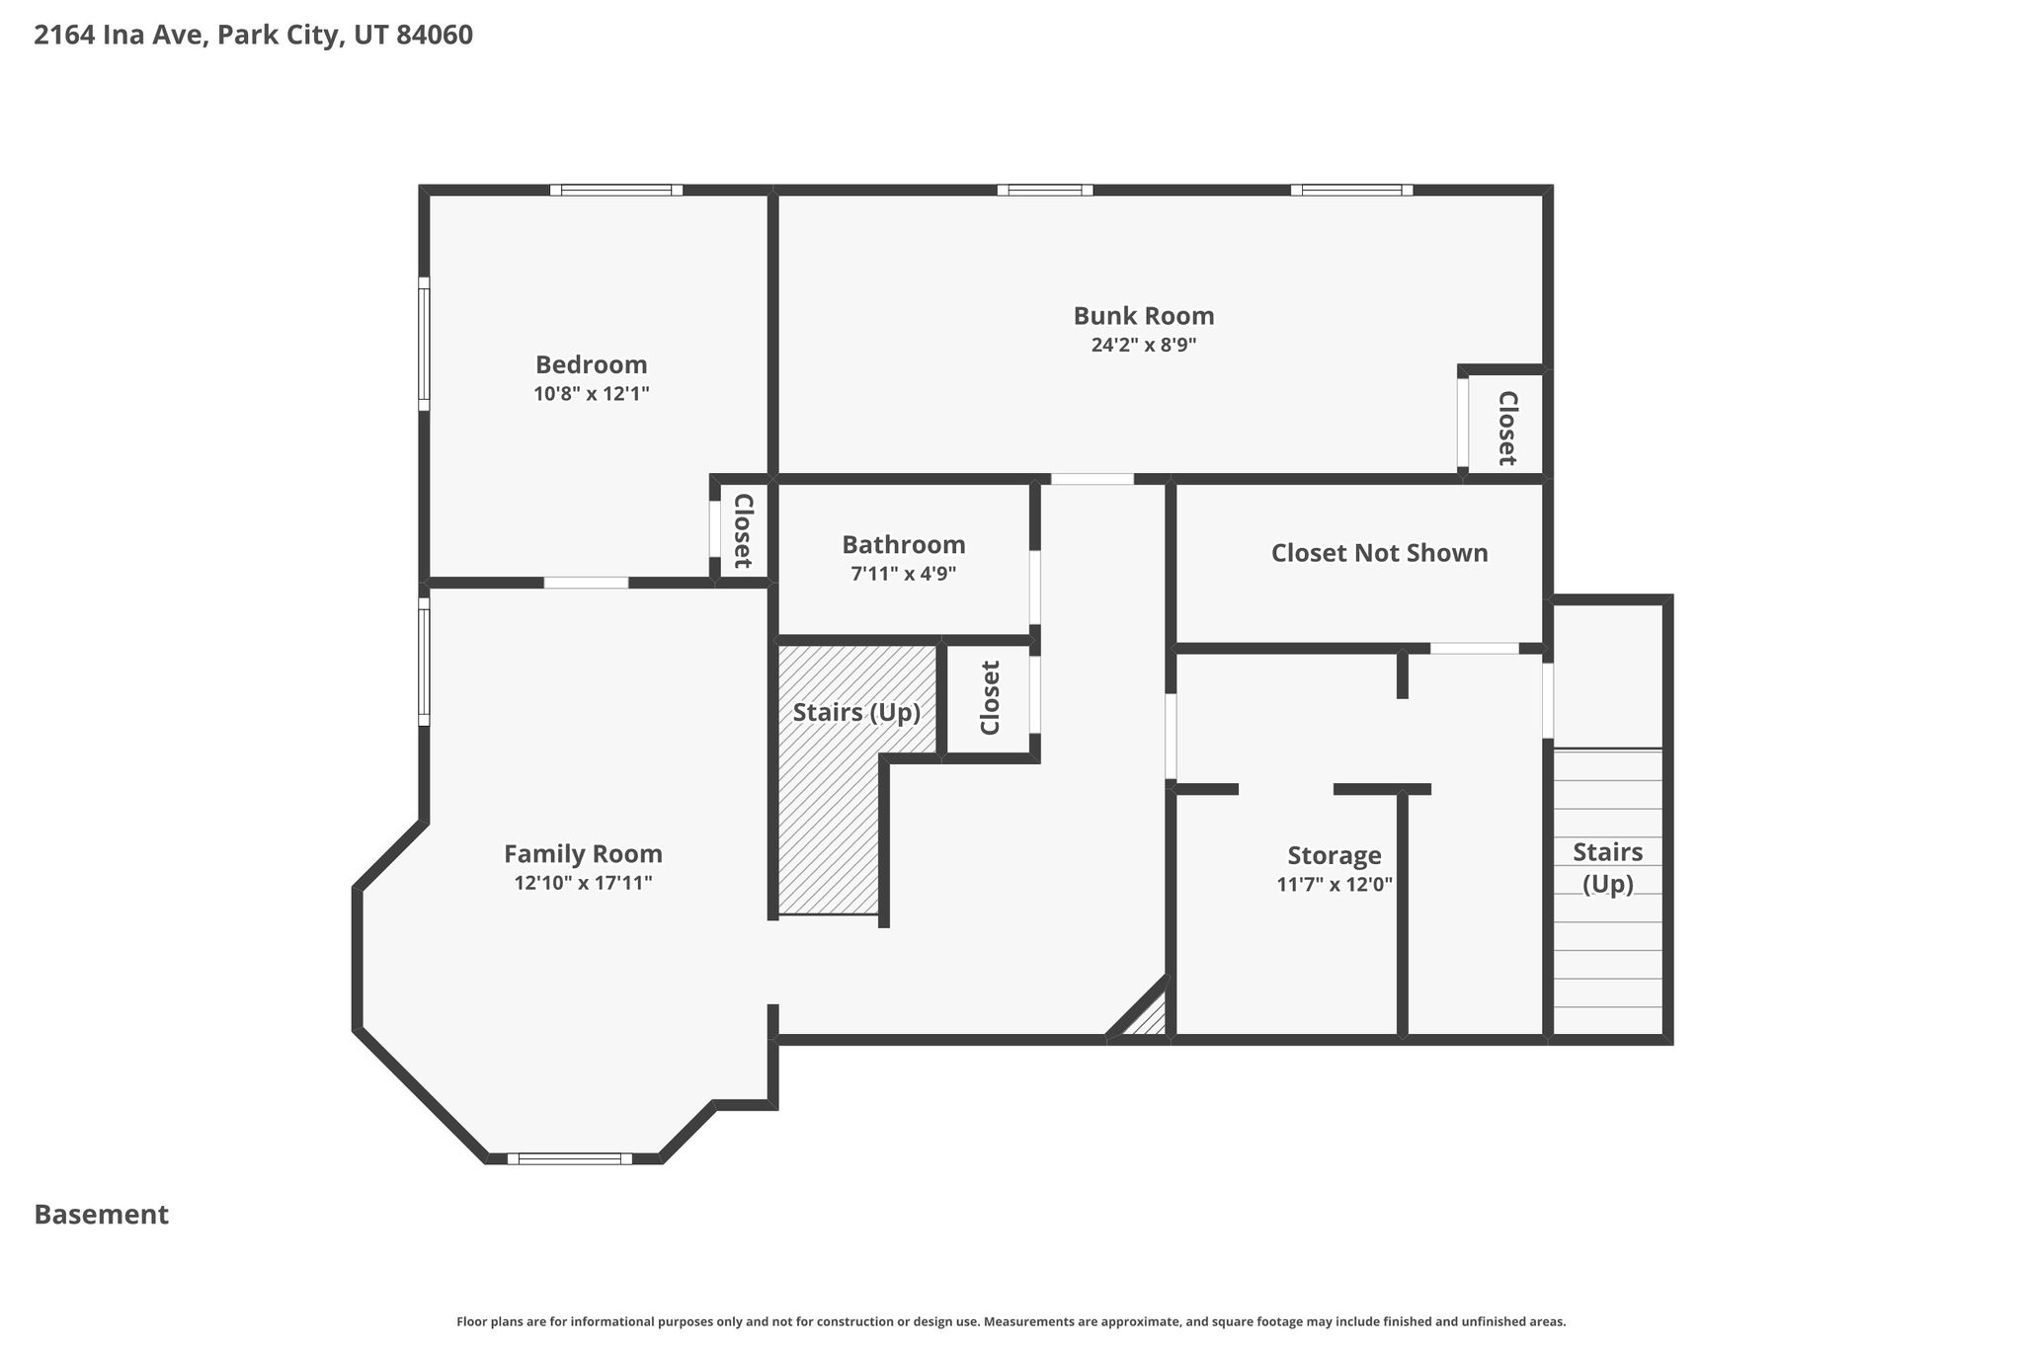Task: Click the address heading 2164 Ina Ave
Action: point(253,36)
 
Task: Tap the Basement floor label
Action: point(102,1215)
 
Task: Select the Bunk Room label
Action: point(1144,316)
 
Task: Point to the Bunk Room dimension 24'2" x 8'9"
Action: point(1144,345)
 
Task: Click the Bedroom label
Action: point(591,364)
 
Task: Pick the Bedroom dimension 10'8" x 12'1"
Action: point(591,394)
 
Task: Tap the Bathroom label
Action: point(903,545)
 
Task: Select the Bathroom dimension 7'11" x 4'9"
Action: point(903,574)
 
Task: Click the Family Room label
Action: point(583,854)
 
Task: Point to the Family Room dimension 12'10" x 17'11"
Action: point(583,883)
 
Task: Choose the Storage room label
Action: point(1335,856)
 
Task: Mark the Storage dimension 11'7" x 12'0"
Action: point(1335,885)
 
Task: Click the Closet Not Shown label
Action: point(1379,553)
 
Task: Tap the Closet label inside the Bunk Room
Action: point(1507,429)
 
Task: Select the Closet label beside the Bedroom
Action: point(743,531)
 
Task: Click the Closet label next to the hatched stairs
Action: point(990,698)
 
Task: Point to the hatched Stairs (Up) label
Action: point(856,713)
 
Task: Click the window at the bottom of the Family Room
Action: point(570,1158)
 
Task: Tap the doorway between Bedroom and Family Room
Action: point(586,583)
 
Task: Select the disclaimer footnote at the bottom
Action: point(1011,1321)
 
